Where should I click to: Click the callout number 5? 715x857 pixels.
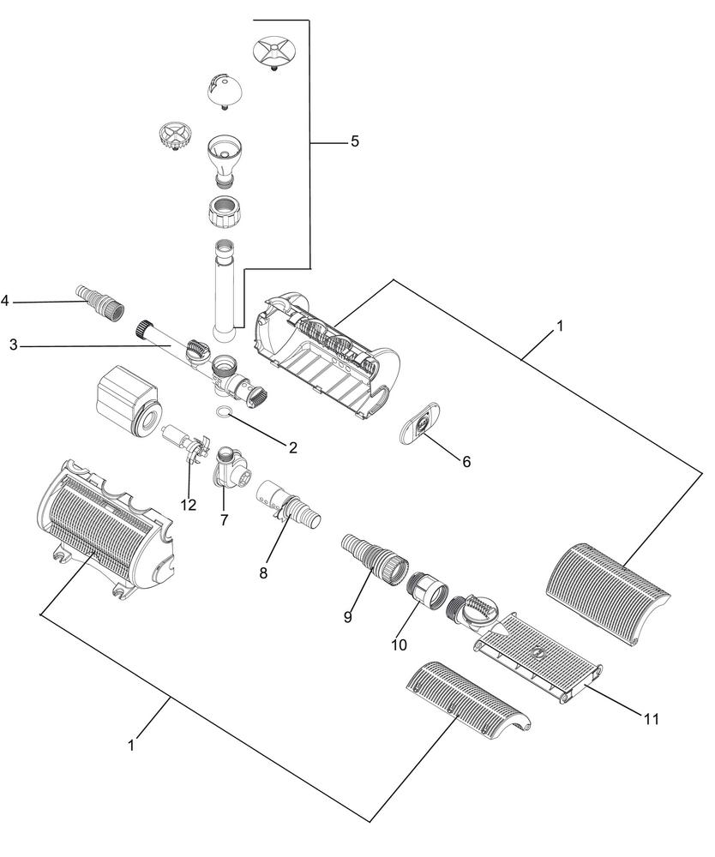pos(355,141)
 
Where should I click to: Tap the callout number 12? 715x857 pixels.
pos(188,505)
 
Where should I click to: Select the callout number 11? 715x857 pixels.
pos(651,719)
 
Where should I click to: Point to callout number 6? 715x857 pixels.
pos(466,462)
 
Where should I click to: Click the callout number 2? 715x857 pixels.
pos(293,447)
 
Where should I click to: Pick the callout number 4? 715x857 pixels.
pos(5,301)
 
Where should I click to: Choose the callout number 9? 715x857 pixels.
pos(348,617)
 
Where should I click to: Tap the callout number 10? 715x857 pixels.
pos(399,645)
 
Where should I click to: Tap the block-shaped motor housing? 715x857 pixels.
pos(126,400)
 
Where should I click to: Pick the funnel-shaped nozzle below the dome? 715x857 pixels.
pos(223,159)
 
